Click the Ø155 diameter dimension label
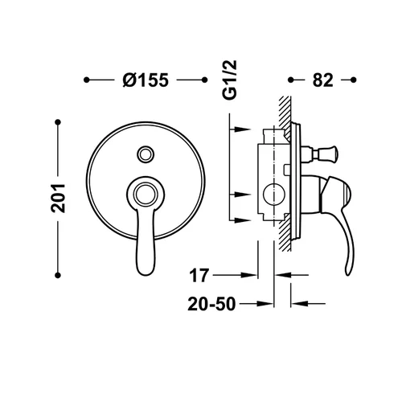pos(146,80)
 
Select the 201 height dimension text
pos(58,199)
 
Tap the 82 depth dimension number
pos(322,80)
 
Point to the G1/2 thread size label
pos(230,80)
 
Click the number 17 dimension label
pos(199,275)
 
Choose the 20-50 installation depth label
pos(211,304)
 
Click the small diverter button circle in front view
pos(146,154)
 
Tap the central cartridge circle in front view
pos(146,195)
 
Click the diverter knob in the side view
pos(325,154)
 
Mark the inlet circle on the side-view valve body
pos(274,195)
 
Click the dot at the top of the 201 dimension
pos(58,122)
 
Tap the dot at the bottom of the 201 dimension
pos(58,275)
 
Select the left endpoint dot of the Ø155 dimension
pos(86,80)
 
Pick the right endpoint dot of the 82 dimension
pos(353,80)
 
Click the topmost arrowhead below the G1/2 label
pos(242,129)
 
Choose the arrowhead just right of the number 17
pos(248,275)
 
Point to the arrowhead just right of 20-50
pos(265,304)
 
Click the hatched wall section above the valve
pos(285,113)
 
